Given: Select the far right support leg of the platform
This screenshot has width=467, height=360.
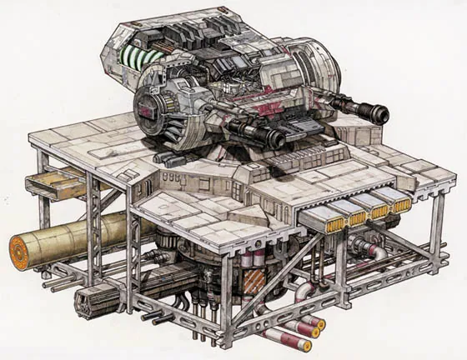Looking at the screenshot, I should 436,242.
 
